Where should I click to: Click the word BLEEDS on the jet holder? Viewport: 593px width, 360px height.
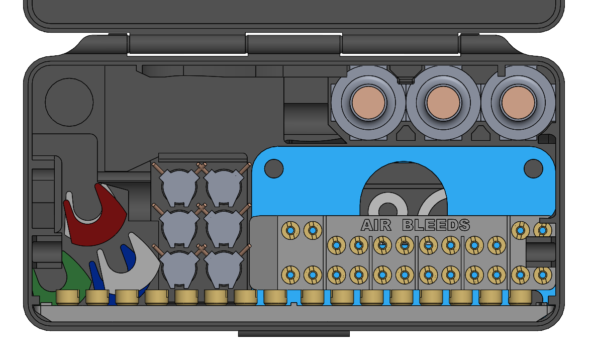[436, 225]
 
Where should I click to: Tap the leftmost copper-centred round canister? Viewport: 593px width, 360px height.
[368, 103]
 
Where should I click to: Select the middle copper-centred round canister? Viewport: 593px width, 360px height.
[443, 103]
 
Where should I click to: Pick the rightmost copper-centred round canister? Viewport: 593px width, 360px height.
[518, 103]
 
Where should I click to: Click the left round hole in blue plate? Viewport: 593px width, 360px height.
[274, 168]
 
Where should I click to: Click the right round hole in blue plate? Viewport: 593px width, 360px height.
[533, 168]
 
